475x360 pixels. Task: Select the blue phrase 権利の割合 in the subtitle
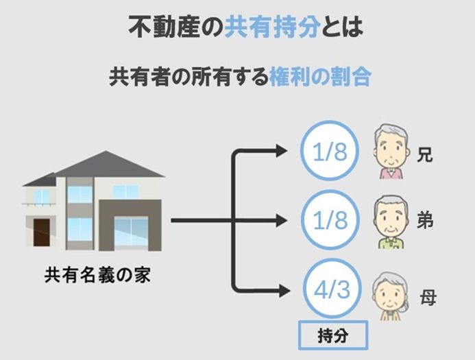320,76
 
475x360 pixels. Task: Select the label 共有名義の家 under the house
98,276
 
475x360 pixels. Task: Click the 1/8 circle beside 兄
330,152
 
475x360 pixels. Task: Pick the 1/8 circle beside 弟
330,221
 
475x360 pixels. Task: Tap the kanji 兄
424,155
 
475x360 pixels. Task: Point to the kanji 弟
424,223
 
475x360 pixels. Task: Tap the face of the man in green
389,218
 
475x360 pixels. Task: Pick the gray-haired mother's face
386,293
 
